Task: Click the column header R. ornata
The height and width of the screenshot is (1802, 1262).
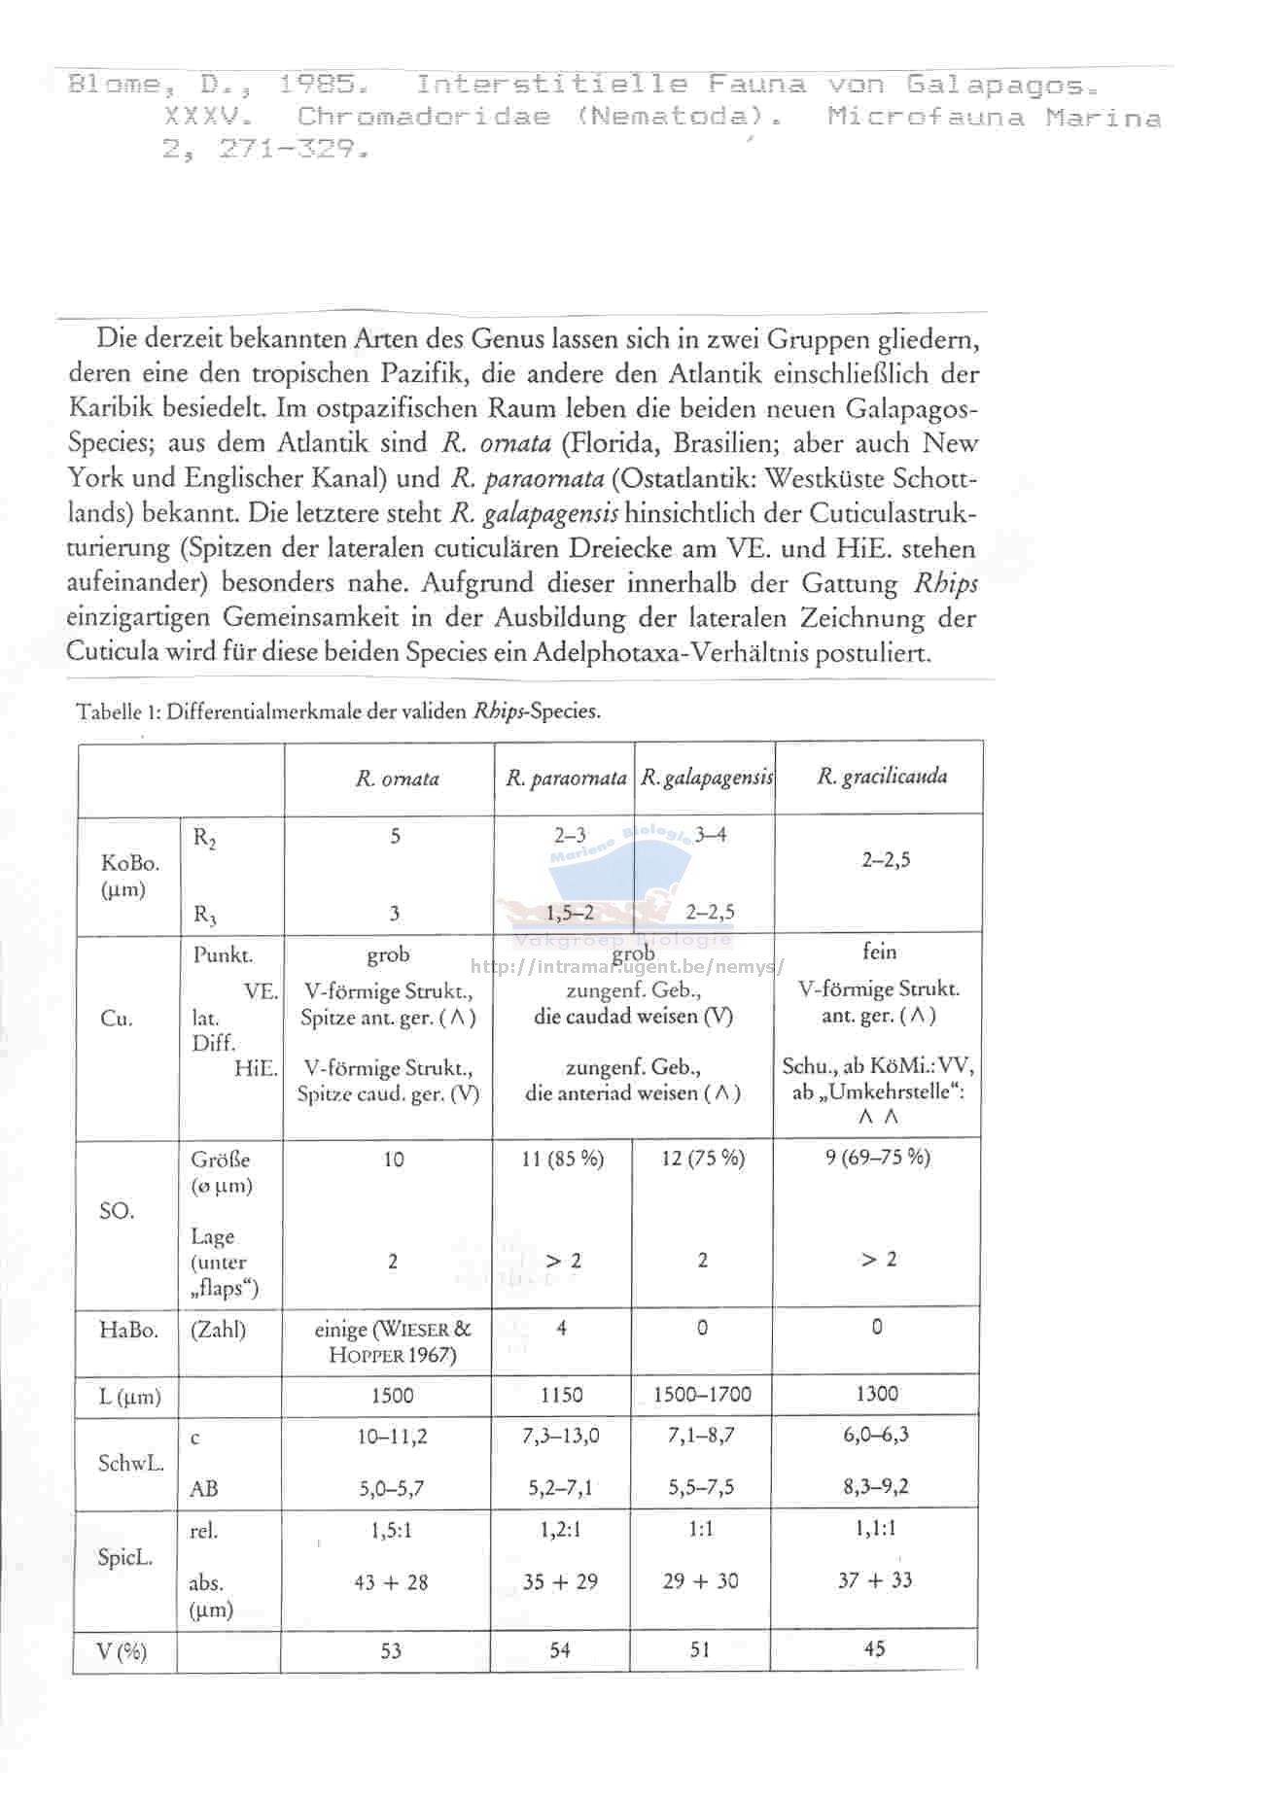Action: (397, 779)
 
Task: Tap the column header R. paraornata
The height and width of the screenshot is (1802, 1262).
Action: (566, 779)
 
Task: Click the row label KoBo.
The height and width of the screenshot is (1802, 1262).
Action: (130, 863)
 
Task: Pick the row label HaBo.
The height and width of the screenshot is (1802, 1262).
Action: (128, 1330)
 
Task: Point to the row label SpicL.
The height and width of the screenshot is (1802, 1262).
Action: (125, 1557)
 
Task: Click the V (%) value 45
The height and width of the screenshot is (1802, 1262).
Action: (874, 1648)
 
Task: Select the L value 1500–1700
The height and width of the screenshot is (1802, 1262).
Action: (702, 1394)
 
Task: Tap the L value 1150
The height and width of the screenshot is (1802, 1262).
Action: (561, 1395)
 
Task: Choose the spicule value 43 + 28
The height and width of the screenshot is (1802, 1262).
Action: (391, 1582)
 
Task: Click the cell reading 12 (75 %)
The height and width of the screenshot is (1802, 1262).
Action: (702, 1159)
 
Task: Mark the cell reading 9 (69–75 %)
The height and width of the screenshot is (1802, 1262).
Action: (877, 1157)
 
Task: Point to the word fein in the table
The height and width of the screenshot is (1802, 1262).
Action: (879, 952)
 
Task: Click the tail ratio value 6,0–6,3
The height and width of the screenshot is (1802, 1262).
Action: (876, 1435)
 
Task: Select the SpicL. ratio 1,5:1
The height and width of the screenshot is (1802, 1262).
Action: (391, 1531)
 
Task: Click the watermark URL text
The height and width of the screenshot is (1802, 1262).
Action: (627, 967)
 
